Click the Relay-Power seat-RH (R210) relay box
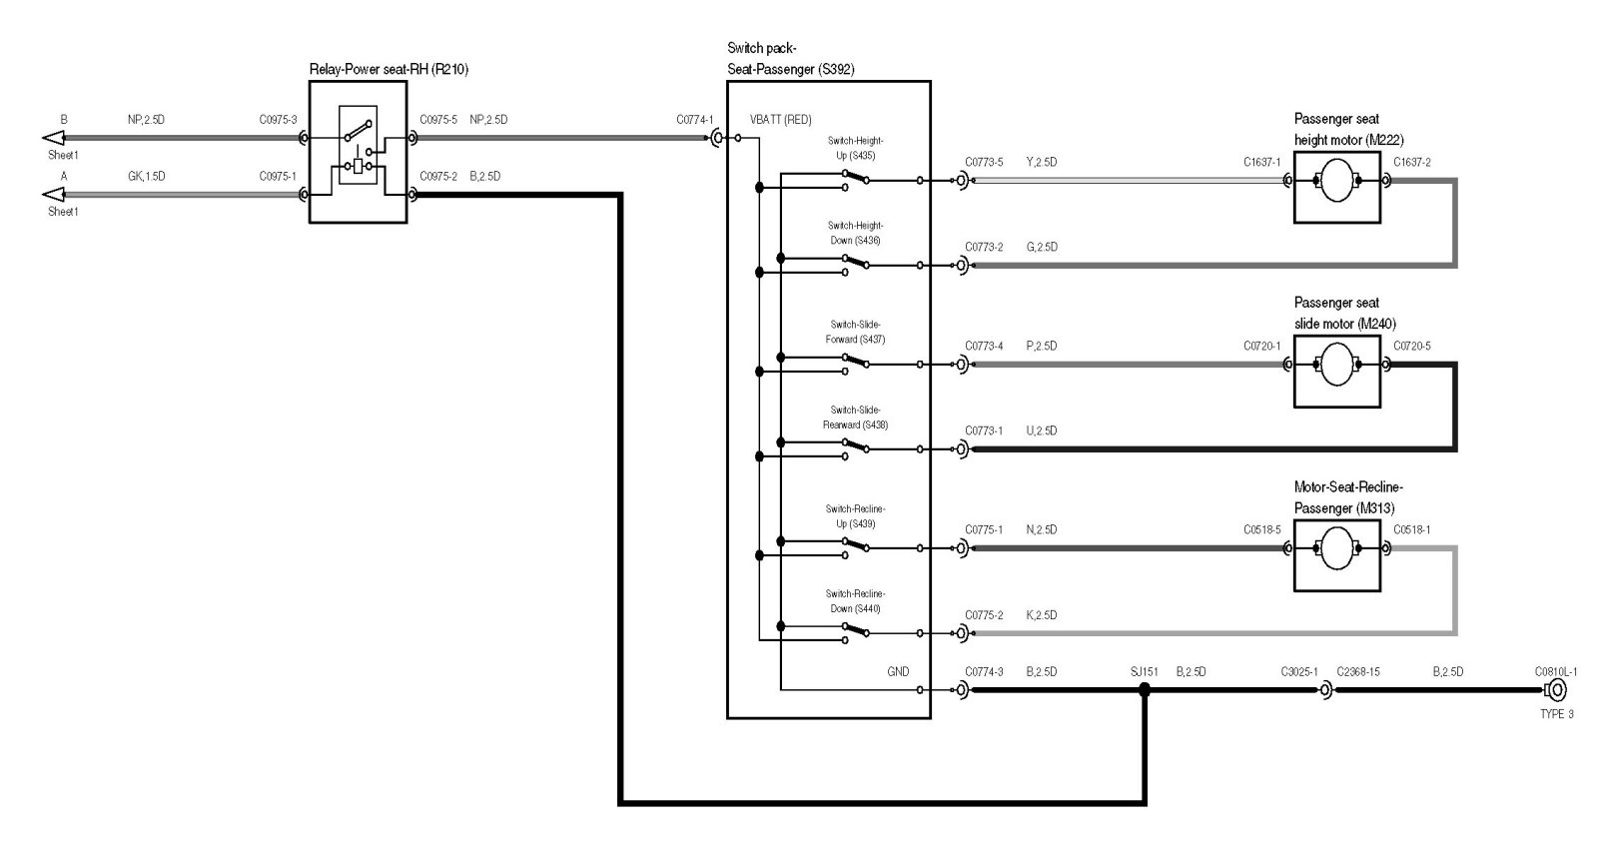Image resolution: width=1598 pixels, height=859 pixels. tap(358, 152)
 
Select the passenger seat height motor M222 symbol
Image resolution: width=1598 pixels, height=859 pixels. tap(1336, 181)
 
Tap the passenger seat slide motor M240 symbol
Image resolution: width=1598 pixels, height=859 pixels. tap(1336, 366)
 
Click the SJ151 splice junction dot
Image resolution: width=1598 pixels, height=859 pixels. tap(1145, 689)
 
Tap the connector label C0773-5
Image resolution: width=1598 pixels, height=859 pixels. tap(984, 161)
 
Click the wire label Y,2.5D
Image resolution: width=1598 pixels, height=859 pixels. tap(1041, 161)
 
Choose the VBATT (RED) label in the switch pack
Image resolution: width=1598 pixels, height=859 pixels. tap(780, 120)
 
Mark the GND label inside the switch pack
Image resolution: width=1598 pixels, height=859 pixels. tap(898, 671)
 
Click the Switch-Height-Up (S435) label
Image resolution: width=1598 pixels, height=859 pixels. tap(856, 148)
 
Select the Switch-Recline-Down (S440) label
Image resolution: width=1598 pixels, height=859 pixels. tap(855, 601)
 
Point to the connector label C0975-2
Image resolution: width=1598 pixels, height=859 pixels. tap(438, 176)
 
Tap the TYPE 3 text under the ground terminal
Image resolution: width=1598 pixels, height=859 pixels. tap(1556, 714)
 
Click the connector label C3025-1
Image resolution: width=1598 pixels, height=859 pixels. tap(1299, 671)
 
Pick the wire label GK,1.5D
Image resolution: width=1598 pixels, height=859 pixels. tap(146, 176)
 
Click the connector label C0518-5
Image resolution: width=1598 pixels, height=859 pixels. tap(1261, 529)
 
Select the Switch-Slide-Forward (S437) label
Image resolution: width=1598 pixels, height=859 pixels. tap(855, 332)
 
